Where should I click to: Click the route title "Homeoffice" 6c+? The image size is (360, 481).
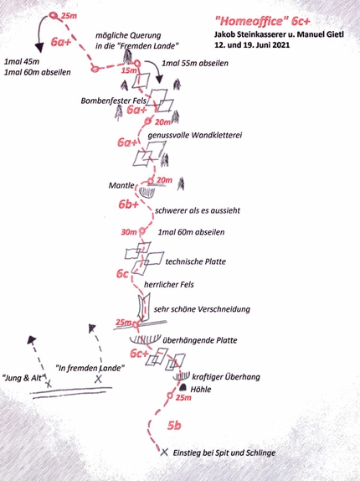point(263,21)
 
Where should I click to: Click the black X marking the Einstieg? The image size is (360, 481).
point(165,452)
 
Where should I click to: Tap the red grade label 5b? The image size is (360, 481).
point(174,426)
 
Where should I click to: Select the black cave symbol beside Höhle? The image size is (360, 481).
point(183,387)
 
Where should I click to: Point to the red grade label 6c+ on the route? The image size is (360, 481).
point(139,354)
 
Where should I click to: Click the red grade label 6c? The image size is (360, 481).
point(122,274)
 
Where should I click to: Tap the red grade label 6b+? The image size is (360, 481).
point(129,204)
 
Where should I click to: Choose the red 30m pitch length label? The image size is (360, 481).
point(129,232)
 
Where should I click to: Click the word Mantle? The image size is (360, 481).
point(121,185)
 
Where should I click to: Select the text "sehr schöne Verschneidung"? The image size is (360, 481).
point(202,309)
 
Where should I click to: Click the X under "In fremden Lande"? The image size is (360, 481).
point(98,379)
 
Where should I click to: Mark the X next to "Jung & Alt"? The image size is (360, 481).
point(49,383)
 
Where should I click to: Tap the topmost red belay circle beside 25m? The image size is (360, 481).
point(54,16)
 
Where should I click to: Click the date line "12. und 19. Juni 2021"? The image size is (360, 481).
point(252,44)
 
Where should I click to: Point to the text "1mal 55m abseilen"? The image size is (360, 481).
point(195,64)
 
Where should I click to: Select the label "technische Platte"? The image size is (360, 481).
point(195,261)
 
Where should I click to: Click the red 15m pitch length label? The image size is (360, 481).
point(129,70)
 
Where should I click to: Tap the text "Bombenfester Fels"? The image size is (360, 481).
point(113,101)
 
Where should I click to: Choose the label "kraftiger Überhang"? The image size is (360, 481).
point(226,377)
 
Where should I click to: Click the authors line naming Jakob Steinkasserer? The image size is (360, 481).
point(279,34)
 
